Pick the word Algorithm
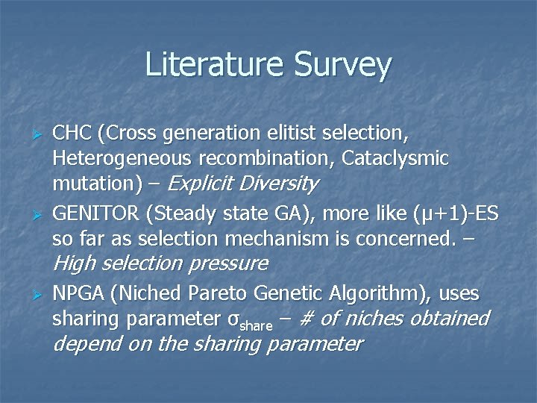click(375, 294)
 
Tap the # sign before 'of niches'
click(307, 319)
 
